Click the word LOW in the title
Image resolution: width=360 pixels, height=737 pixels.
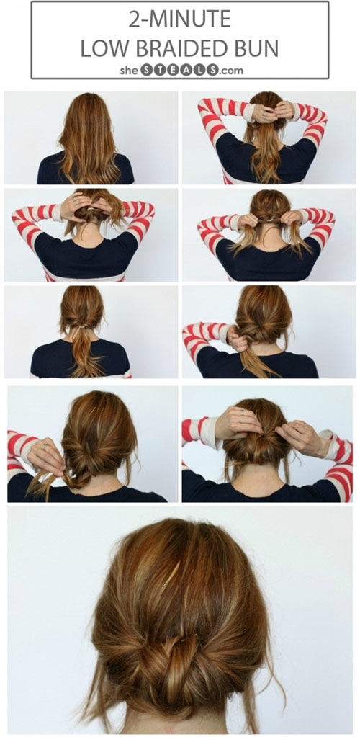101,48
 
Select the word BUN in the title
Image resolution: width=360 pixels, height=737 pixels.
257,48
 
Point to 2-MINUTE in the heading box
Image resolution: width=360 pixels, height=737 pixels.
180,19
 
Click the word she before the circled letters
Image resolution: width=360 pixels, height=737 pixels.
128,71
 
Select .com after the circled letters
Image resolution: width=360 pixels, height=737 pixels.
230,71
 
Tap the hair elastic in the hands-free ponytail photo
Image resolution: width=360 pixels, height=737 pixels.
83,325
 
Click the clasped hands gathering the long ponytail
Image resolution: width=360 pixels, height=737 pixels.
271,112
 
